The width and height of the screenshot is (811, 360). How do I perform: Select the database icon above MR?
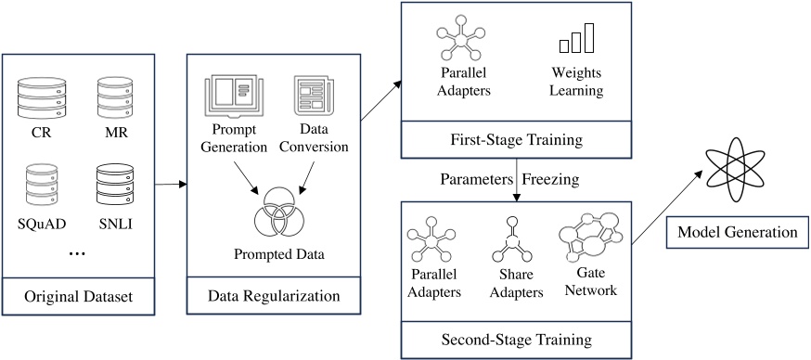tap(117, 96)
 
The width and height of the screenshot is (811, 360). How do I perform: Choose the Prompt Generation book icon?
tap(234, 96)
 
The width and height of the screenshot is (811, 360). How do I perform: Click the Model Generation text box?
tap(737, 232)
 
